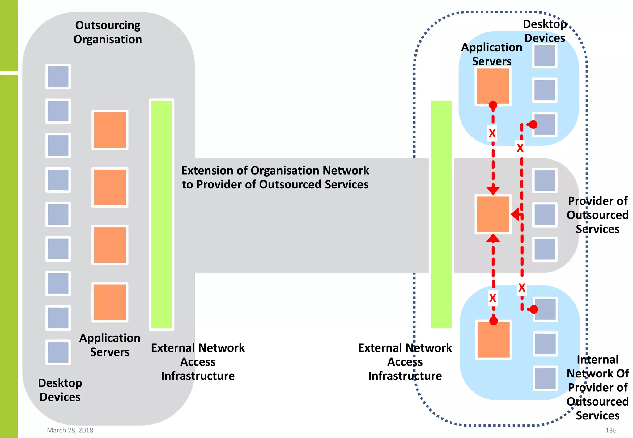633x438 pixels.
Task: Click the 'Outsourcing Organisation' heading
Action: [x=108, y=32]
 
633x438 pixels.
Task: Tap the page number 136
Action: [x=610, y=430]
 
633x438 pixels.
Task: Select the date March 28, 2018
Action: [x=70, y=430]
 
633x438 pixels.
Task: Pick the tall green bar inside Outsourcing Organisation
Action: [x=161, y=214]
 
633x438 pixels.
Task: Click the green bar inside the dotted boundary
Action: [x=441, y=214]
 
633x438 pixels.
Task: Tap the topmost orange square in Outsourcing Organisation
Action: [x=110, y=130]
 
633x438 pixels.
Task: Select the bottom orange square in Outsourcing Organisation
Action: [x=110, y=302]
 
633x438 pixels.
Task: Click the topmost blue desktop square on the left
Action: [x=58, y=77]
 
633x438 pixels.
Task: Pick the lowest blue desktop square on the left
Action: [x=58, y=352]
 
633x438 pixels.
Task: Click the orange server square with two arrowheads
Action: [x=493, y=214]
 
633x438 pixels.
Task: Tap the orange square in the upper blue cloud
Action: [x=493, y=86]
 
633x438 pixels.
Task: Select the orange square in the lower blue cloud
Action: [x=493, y=340]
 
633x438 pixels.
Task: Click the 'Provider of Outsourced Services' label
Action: [x=597, y=215]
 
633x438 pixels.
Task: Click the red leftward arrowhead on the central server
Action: [x=516, y=214]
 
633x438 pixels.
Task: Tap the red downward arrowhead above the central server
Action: [x=493, y=190]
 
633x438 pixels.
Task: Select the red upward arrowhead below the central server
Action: [x=493, y=238]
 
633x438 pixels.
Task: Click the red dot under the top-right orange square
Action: [x=493, y=105]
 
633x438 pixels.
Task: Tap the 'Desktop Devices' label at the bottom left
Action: [x=60, y=390]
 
